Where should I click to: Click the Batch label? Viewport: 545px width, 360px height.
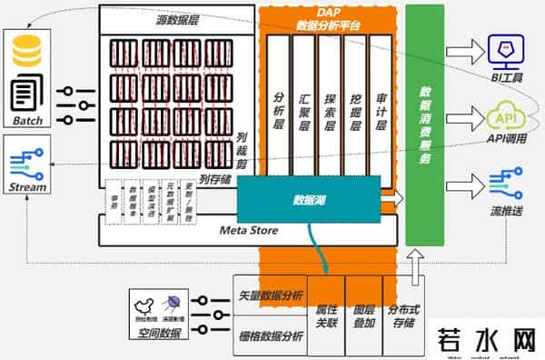tap(27, 121)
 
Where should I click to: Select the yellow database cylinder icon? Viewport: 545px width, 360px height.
tap(27, 51)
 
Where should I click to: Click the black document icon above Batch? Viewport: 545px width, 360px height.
tap(27, 94)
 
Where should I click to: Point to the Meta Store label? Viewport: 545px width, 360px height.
tap(246, 231)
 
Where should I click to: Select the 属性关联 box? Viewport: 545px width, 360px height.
tap(325, 315)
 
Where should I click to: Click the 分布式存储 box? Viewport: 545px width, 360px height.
tap(399, 315)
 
